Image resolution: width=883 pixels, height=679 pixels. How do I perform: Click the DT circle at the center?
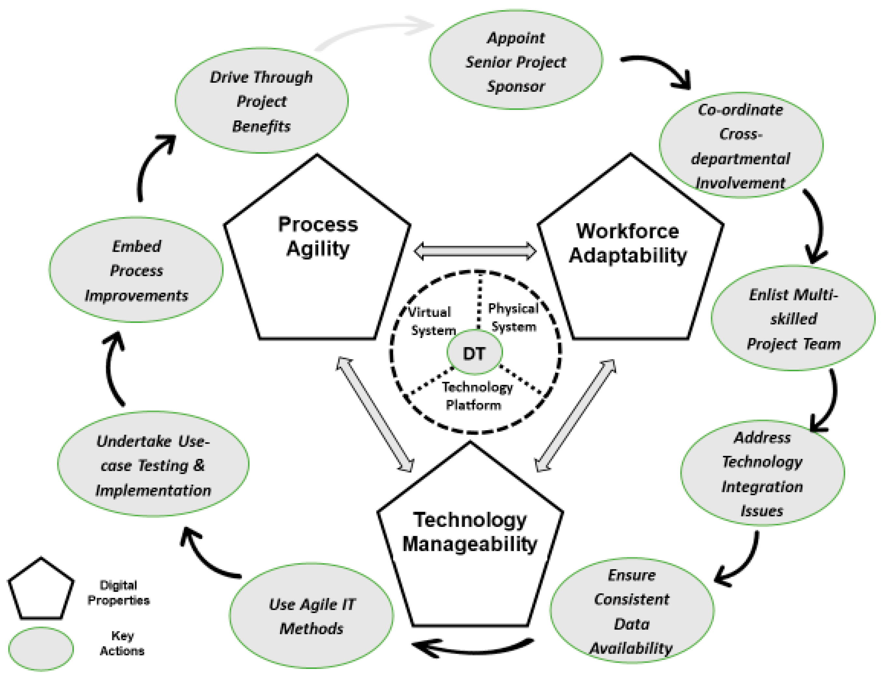point(474,353)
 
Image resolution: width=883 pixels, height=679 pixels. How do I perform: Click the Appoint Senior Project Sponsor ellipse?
point(516,61)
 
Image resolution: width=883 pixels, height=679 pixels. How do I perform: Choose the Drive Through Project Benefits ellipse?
point(261,101)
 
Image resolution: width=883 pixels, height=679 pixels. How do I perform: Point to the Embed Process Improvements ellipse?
point(136,270)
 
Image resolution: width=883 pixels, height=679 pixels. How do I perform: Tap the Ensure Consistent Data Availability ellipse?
point(632,611)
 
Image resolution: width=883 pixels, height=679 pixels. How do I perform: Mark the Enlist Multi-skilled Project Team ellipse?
point(793,318)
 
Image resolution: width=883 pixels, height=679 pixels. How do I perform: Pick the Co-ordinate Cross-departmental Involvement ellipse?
point(741,146)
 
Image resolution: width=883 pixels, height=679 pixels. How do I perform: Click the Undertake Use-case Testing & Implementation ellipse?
point(153,465)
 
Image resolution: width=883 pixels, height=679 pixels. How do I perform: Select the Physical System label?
point(513,318)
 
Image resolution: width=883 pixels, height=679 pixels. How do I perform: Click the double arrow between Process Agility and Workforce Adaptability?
point(475,251)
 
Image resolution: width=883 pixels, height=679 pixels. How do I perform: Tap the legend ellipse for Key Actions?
point(41,649)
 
